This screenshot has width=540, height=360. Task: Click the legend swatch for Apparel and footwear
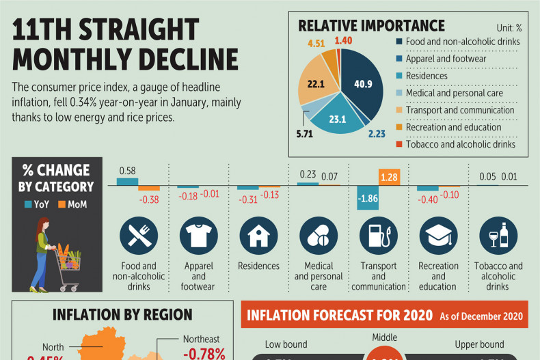coord(399,59)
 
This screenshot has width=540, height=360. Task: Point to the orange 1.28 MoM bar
coord(389,177)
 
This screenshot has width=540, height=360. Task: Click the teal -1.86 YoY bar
coord(368,197)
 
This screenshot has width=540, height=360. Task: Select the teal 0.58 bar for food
coord(127,182)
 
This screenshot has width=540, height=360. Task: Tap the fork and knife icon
coord(139,236)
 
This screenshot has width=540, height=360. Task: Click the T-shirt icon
coord(199,236)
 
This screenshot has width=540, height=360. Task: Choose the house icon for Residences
coord(258,236)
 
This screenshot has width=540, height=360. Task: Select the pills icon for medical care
coord(319,236)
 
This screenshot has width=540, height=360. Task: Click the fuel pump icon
coord(379,236)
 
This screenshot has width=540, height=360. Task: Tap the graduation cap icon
coord(438,236)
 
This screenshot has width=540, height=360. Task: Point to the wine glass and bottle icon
coord(498,236)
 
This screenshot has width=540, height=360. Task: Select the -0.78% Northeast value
coord(204,354)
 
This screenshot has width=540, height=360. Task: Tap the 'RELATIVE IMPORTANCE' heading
coord(371,26)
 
